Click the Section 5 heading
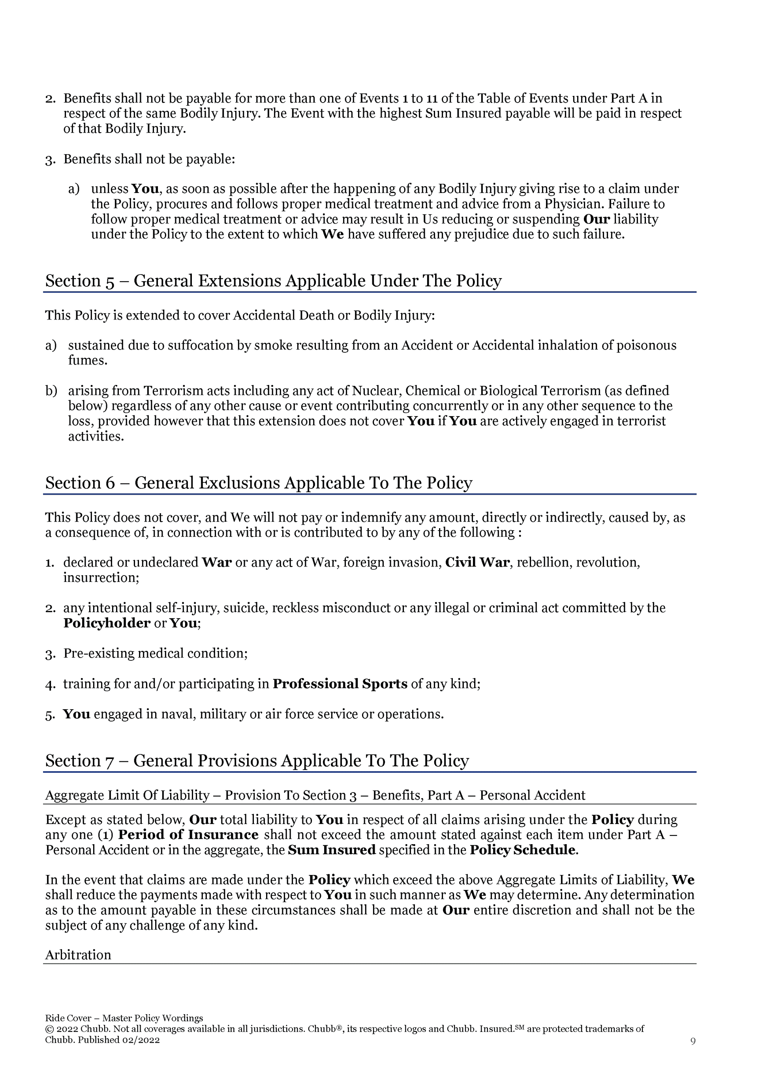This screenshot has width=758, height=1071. [273, 281]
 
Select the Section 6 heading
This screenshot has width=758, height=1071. [259, 483]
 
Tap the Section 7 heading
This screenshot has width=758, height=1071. [257, 761]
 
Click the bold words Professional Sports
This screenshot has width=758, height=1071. [340, 684]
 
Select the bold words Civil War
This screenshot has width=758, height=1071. [477, 563]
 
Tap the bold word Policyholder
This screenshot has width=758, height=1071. [107, 623]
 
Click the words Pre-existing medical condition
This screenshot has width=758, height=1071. [156, 654]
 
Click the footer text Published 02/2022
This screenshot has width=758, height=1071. [119, 1040]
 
